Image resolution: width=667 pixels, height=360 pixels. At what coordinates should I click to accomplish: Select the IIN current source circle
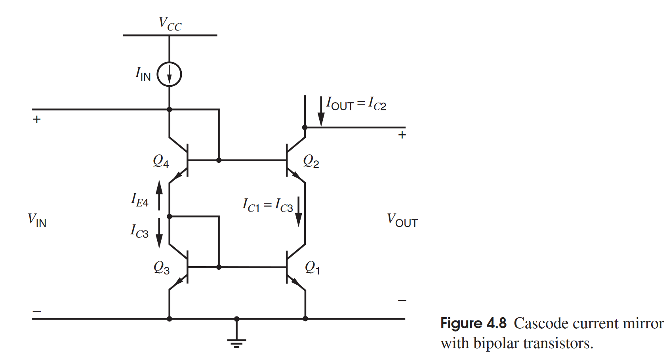click(x=170, y=74)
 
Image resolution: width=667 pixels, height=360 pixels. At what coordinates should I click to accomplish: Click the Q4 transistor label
click(x=161, y=161)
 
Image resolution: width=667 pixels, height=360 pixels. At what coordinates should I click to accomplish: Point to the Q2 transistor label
click(x=311, y=161)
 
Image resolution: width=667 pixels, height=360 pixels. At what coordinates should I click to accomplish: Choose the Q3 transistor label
click(x=162, y=268)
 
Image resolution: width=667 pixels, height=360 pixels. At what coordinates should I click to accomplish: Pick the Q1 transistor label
click(x=312, y=268)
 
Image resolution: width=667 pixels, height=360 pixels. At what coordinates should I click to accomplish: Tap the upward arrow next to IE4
click(x=159, y=194)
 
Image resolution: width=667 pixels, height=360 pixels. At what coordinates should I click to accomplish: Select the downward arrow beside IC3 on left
click(x=159, y=233)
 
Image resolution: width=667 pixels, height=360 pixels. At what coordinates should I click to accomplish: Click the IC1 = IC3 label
click(x=267, y=206)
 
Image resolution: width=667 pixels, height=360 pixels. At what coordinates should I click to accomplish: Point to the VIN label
click(x=37, y=220)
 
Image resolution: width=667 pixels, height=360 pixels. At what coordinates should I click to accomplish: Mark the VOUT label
click(x=402, y=220)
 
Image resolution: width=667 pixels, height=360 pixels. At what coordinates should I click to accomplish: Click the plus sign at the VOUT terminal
click(x=402, y=135)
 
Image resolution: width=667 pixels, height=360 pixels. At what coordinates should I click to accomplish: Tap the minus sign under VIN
click(x=37, y=311)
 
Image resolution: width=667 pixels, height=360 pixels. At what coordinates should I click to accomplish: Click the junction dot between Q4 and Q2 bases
click(x=219, y=160)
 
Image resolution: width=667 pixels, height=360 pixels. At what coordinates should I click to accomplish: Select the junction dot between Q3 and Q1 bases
click(x=219, y=267)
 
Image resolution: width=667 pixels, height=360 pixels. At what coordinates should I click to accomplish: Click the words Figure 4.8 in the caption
click(x=473, y=324)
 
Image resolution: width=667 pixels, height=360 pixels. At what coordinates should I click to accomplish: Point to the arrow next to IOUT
click(x=321, y=112)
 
